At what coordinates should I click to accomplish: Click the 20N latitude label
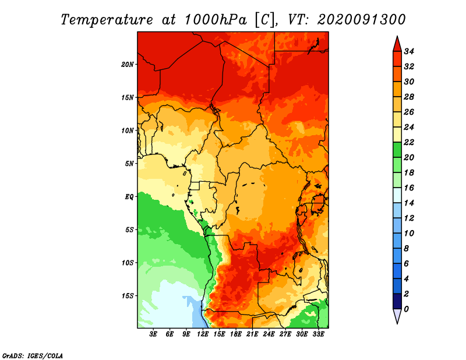pyautogui.click(x=128, y=65)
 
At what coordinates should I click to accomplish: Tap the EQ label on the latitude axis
pyautogui.click(x=129, y=197)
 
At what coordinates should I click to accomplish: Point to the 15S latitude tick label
pyautogui.click(x=128, y=296)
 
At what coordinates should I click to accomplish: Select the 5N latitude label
pyautogui.click(x=129, y=164)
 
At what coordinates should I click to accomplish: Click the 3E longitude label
pyautogui.click(x=153, y=334)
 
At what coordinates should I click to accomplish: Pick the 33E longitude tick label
pyautogui.click(x=318, y=334)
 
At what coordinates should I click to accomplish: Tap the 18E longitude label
pyautogui.click(x=236, y=334)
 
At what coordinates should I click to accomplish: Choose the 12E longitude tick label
pyautogui.click(x=203, y=334)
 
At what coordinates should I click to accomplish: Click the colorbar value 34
pyautogui.click(x=409, y=51)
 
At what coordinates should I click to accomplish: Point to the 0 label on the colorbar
pyautogui.click(x=406, y=309)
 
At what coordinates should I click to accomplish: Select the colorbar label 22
pyautogui.click(x=409, y=142)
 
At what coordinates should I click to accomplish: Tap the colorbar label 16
pyautogui.click(x=409, y=188)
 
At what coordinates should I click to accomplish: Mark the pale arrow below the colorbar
pyautogui.click(x=397, y=315)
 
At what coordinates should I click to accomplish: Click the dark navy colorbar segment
pyautogui.click(x=397, y=301)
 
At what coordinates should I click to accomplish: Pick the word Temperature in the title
pyautogui.click(x=107, y=20)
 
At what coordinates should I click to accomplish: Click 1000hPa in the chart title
pyautogui.click(x=216, y=20)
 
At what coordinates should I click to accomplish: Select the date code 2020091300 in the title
pyautogui.click(x=361, y=20)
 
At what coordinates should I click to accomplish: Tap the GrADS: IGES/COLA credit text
pyautogui.click(x=33, y=356)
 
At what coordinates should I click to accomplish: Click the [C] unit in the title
pyautogui.click(x=265, y=20)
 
